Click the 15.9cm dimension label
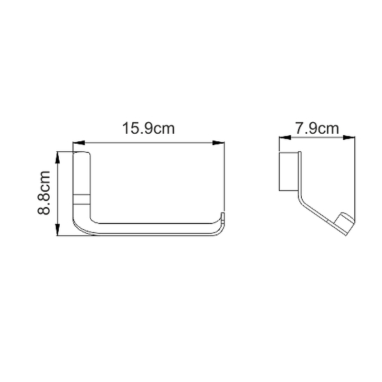149,128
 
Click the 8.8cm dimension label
44,193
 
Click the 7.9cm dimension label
317,128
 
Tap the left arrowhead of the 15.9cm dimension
79,143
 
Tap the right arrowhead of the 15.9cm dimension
218,143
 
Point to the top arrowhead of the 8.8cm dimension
57,158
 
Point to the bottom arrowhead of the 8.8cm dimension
57,230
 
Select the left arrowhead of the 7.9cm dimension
285,138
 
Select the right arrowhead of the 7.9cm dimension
349,138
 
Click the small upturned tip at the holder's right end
223,218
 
